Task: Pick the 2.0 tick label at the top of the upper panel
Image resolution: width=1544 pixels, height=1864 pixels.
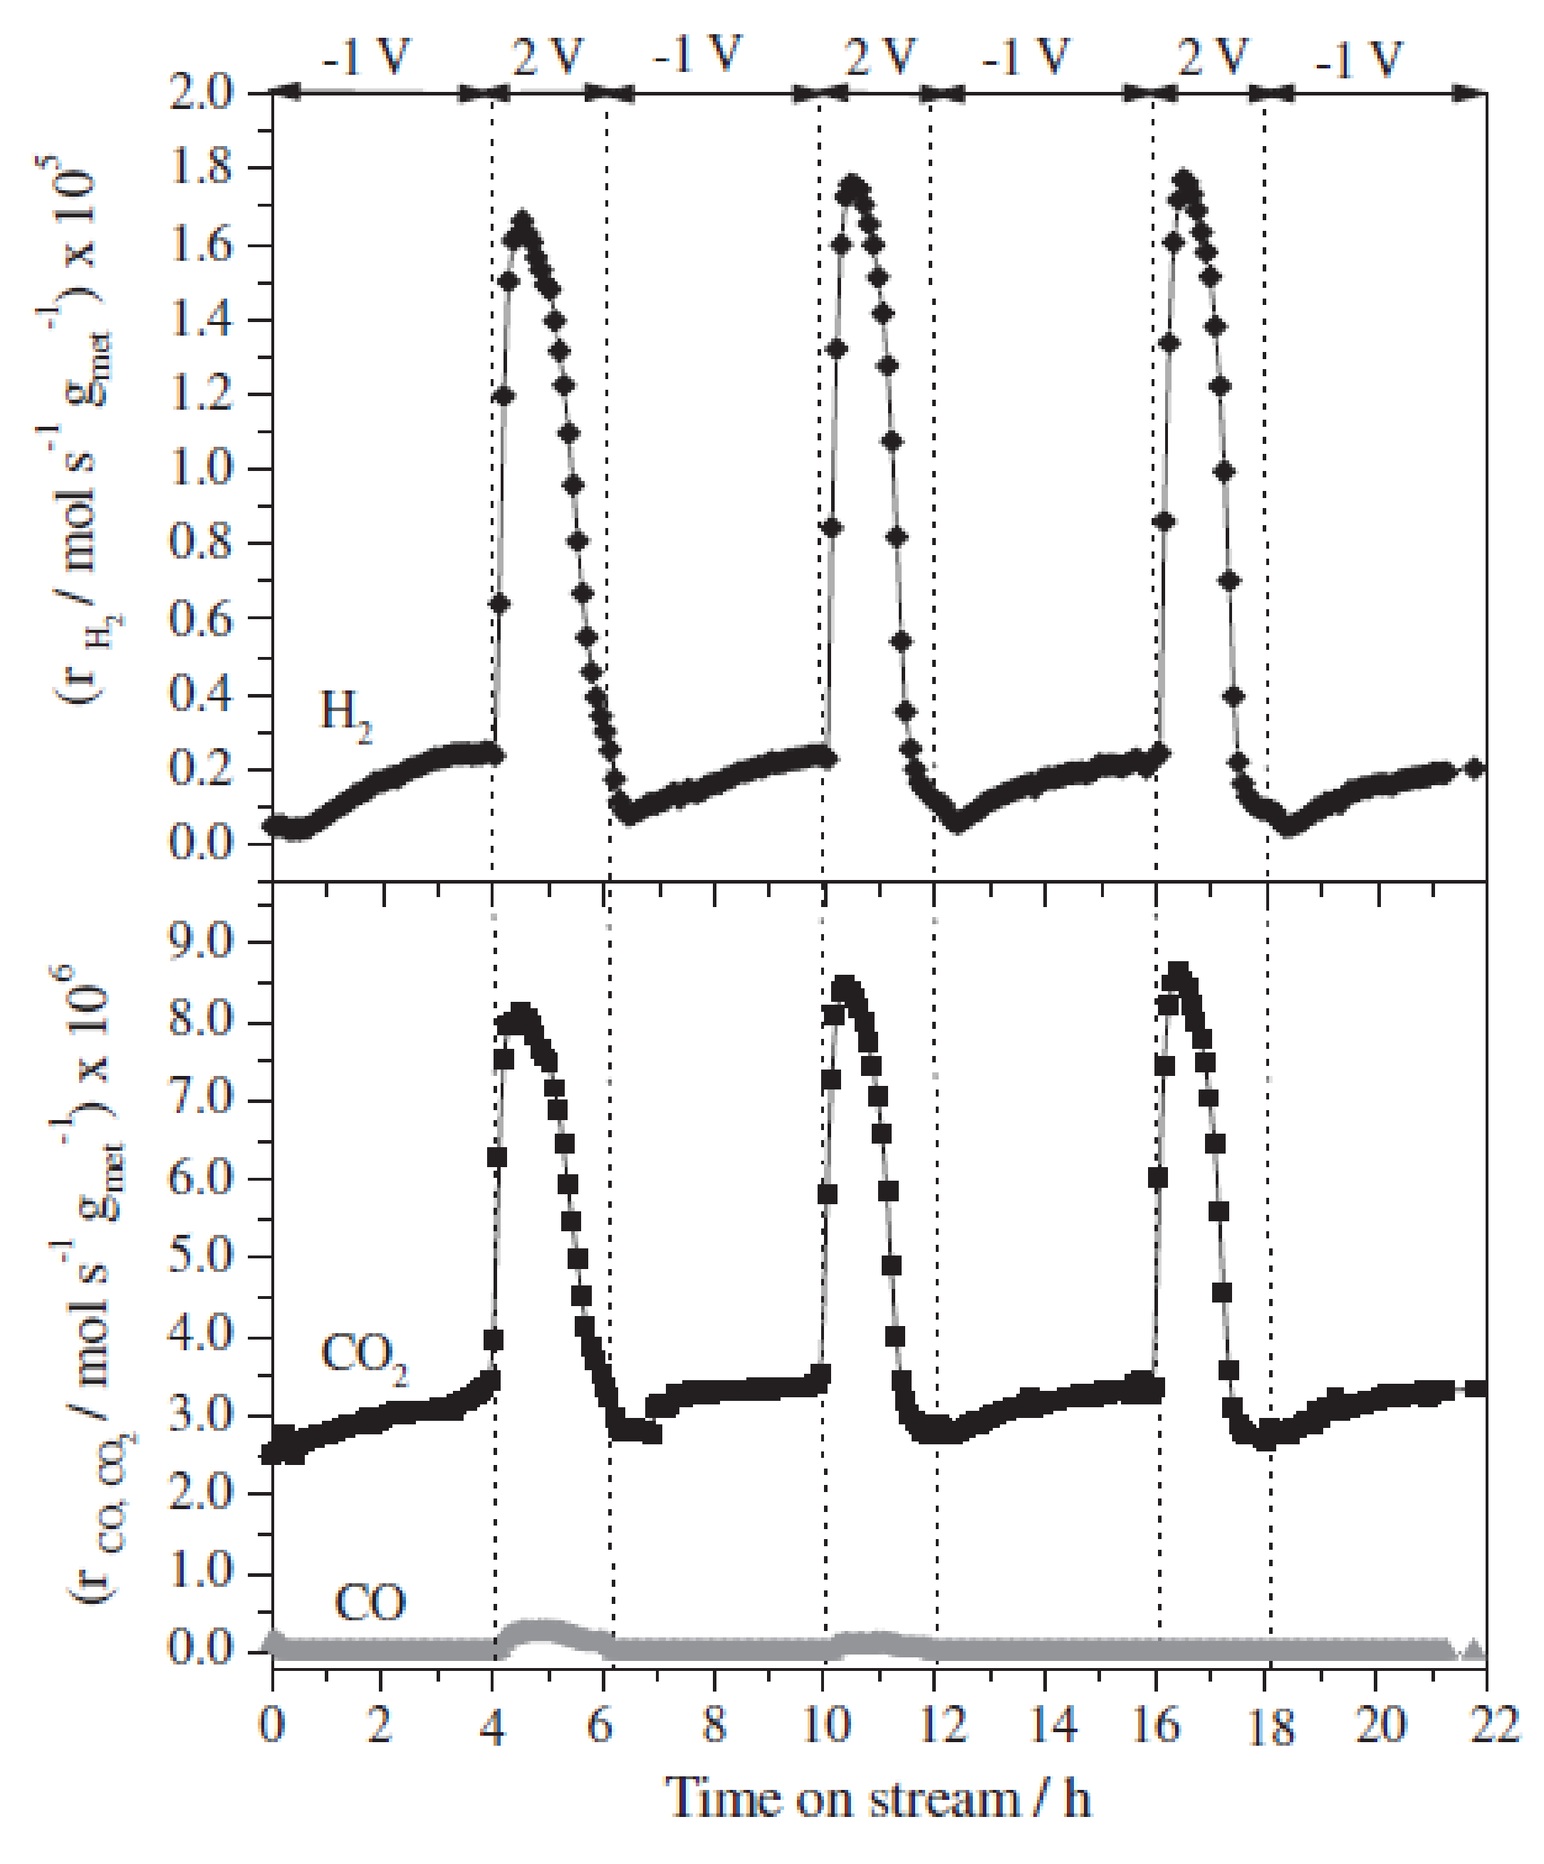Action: [202, 93]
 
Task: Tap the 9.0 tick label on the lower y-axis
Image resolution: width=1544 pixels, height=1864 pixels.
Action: [202, 943]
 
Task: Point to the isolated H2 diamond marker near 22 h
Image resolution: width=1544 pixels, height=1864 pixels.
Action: [1474, 769]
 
